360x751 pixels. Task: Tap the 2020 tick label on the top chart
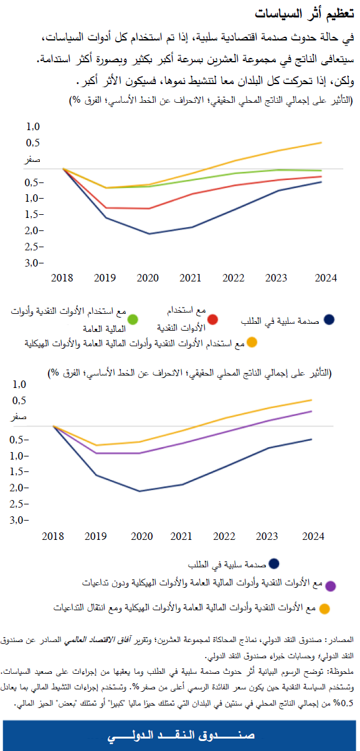pos(148,278)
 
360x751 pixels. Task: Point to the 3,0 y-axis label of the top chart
pos(34,263)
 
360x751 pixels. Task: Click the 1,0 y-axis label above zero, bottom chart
pos(34,384)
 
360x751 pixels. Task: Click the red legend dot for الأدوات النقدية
pos(212,319)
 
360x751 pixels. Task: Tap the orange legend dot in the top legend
pos(252,342)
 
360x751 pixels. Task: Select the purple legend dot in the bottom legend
pos(331,585)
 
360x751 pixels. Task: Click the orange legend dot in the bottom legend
pos(324,608)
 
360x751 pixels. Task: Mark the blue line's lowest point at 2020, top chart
pos(148,234)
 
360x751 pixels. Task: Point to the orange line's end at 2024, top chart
pos(321,143)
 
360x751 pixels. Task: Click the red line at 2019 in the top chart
pos(106,208)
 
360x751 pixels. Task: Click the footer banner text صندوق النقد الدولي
pos(180,735)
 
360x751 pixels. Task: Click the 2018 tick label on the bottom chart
pos(55,536)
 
